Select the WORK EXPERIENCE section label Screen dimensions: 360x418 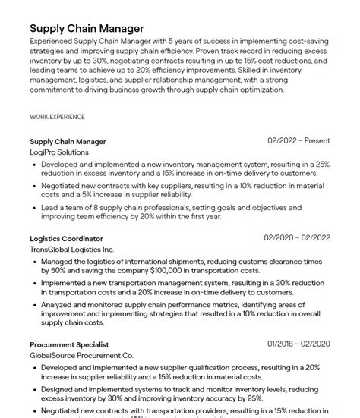[x=57, y=117]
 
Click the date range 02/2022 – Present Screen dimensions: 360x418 [x=298, y=141]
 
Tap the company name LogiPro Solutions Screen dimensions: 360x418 [x=59, y=152]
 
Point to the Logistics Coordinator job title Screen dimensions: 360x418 [x=67, y=238]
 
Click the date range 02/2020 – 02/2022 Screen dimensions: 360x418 [x=297, y=238]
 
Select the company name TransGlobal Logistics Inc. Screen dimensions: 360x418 [x=72, y=249]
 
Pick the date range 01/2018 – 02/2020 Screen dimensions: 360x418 [x=298, y=344]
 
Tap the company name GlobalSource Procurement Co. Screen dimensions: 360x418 [x=81, y=354]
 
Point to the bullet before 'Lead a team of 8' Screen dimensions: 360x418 [x=34, y=206]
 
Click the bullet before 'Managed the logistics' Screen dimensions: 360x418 [x=34, y=260]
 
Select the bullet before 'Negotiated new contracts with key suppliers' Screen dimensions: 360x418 [x=34, y=185]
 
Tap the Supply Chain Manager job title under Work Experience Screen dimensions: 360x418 [x=68, y=141]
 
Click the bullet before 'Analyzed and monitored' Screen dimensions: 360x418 [x=34, y=303]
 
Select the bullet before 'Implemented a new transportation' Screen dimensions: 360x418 [x=34, y=282]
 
